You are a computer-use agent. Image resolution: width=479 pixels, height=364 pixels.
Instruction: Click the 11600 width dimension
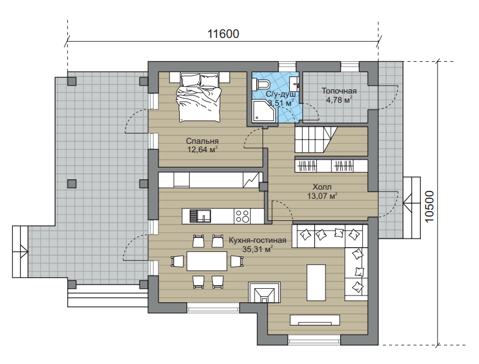(223, 34)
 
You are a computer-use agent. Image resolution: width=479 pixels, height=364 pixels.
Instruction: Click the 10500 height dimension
(429, 206)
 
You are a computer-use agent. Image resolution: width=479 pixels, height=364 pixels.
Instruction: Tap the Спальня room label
(202, 141)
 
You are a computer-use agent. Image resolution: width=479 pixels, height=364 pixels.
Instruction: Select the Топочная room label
(339, 91)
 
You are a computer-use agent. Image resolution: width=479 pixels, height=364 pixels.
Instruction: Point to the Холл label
(322, 187)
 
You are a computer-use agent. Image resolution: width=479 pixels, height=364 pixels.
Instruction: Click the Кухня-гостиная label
(258, 240)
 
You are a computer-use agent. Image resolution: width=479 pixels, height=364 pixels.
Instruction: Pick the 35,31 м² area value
(258, 249)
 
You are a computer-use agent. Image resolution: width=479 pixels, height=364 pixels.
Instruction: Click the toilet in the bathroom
(261, 83)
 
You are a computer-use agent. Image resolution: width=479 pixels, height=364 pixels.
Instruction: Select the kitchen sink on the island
(201, 216)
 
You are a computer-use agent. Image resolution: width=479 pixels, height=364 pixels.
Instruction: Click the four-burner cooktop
(242, 216)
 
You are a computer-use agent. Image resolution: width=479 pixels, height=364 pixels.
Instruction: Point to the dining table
(207, 261)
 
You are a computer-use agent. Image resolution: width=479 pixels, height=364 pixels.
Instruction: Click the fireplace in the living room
(264, 292)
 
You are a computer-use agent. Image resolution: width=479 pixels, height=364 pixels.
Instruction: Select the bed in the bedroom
(199, 97)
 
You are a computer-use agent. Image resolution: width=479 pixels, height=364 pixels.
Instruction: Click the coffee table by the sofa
(316, 283)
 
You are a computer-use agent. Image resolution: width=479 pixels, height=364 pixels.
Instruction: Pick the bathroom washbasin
(295, 81)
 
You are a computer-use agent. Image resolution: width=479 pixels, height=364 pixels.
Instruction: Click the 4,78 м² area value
(339, 100)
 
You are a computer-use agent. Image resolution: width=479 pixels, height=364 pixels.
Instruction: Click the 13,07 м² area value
(322, 196)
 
